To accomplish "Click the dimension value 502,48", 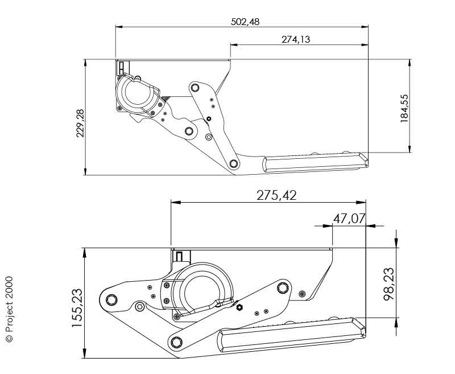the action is click(x=245, y=22).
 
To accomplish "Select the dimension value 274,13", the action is click(x=296, y=39).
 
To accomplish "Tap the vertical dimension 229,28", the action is click(x=80, y=123).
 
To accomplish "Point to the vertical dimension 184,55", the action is click(x=404, y=108).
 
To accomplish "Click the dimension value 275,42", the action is click(x=276, y=195).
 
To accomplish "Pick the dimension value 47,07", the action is click(x=349, y=219).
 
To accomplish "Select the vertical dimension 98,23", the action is click(x=389, y=284).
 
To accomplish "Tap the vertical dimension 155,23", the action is click(x=77, y=308).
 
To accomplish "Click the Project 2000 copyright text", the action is click(x=9, y=309).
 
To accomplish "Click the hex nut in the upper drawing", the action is click(x=208, y=118).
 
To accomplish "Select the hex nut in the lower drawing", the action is click(x=239, y=307).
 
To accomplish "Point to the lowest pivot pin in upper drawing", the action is click(x=233, y=164).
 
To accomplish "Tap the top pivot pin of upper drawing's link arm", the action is click(x=195, y=88).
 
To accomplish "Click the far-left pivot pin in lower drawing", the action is click(x=111, y=299).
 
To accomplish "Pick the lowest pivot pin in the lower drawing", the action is click(x=176, y=342).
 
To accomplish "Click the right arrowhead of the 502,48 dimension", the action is click(x=365, y=27).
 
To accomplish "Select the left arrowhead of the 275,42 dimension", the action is click(x=176, y=202).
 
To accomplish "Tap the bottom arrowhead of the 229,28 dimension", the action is click(x=85, y=171).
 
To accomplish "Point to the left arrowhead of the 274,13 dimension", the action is click(x=234, y=45).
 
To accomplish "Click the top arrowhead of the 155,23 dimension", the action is click(x=84, y=253).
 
